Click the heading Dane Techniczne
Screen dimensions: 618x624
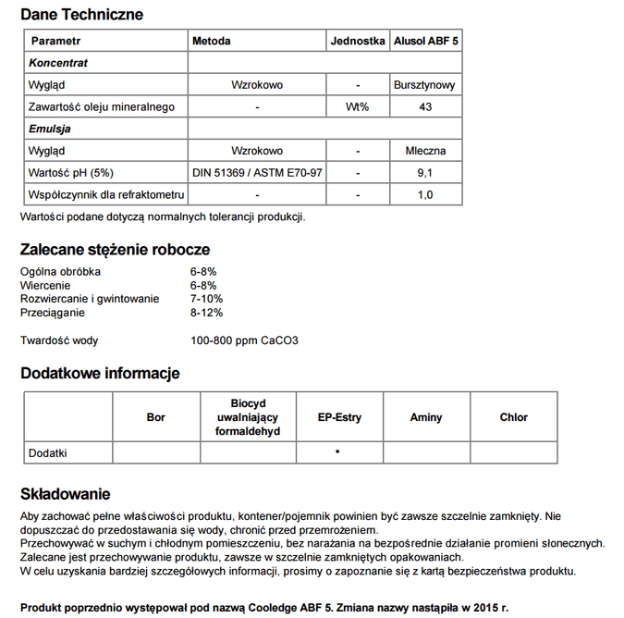pyautogui.click(x=81, y=15)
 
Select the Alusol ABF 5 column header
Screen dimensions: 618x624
pyautogui.click(x=425, y=42)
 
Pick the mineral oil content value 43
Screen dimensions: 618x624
pyautogui.click(x=425, y=107)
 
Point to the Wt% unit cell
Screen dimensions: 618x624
pyautogui.click(x=357, y=107)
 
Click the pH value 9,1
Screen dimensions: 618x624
pyautogui.click(x=425, y=173)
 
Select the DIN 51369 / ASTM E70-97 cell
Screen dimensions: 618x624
pyautogui.click(x=257, y=173)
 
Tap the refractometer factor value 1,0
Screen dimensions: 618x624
pyautogui.click(x=425, y=195)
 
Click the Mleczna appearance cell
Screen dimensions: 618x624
pyautogui.click(x=425, y=151)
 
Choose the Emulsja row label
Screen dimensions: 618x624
pyautogui.click(x=50, y=130)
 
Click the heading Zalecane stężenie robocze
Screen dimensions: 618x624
pyautogui.click(x=115, y=250)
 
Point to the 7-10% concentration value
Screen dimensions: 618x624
pyautogui.click(x=206, y=299)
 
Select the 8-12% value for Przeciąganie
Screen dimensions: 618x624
pyautogui.click(x=206, y=313)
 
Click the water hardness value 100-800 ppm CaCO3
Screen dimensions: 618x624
pyautogui.click(x=244, y=340)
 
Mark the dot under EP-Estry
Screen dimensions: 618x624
pyautogui.click(x=337, y=451)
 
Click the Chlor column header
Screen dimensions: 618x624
pyautogui.click(x=513, y=417)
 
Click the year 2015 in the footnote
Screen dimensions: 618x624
pyautogui.click(x=483, y=607)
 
